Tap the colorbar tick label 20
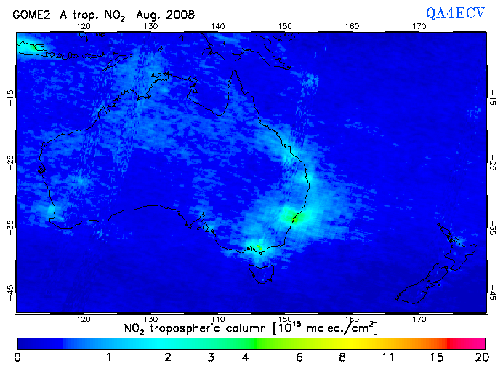479,357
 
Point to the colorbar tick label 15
436,357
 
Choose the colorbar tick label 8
342,357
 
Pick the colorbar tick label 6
299,357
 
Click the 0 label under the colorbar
17,357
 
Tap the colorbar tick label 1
108,357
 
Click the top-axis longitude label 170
419,26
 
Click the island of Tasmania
262,271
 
